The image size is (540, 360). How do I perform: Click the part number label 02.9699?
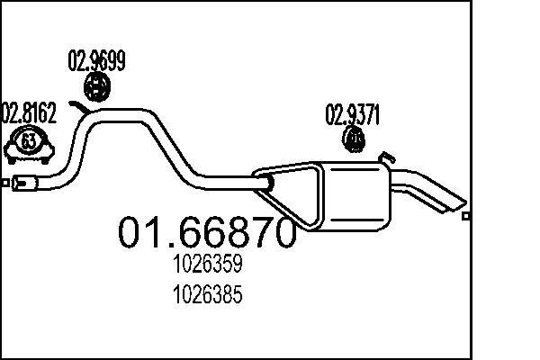pos(96,61)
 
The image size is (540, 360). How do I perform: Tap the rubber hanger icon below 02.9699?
pos(96,87)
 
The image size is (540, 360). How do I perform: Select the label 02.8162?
pos(28,113)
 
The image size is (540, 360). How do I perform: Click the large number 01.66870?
pos(207,233)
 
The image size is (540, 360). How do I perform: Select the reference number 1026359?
pos(206,266)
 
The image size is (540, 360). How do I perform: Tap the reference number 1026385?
pos(206,293)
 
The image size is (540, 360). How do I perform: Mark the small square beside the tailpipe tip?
pos(465,216)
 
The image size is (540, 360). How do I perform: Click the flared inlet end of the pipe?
pos(27,186)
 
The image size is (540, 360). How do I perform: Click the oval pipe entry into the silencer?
pos(267,184)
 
